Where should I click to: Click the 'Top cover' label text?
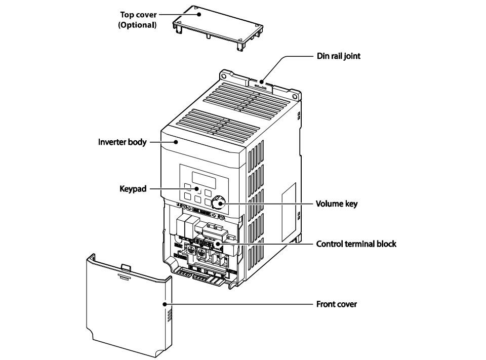coord(138,15)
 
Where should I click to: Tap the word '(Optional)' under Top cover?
coord(137,25)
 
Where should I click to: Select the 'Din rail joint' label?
coord(339,56)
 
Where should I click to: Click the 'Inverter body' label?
coord(122,142)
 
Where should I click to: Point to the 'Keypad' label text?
coord(133,189)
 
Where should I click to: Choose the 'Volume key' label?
coord(337,204)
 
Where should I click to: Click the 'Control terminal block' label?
coord(356,244)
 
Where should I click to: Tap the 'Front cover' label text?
coord(336,304)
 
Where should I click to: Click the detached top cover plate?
coord(218,27)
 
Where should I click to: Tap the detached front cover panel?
coord(129,305)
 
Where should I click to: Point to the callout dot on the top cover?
coord(199,14)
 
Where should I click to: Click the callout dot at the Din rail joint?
coord(262,82)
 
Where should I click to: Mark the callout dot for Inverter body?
coord(176,142)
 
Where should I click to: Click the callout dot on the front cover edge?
coord(165,304)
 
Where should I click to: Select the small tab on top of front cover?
coord(126,267)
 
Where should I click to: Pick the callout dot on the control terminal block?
coord(218,244)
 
